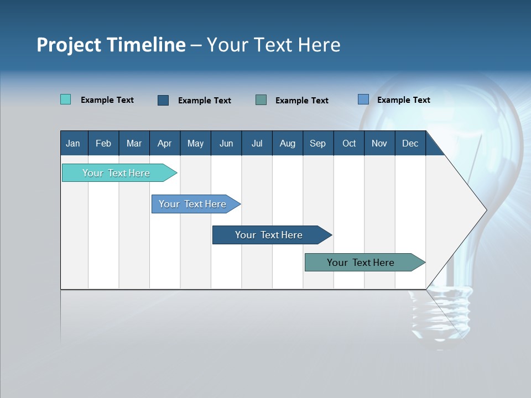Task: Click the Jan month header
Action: click(x=74, y=143)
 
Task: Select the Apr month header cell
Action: click(x=165, y=143)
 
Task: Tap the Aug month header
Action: click(x=288, y=143)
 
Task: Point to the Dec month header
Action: click(x=410, y=143)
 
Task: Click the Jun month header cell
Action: click(x=226, y=143)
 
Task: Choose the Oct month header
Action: click(x=349, y=143)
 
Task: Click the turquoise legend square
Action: click(x=65, y=99)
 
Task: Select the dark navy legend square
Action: click(x=163, y=100)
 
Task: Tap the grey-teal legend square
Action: click(x=261, y=99)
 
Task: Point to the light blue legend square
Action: click(x=363, y=99)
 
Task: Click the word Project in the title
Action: click(x=69, y=45)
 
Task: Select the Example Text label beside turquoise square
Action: click(x=107, y=100)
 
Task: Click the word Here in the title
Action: click(x=319, y=45)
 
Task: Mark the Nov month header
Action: click(x=379, y=143)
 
